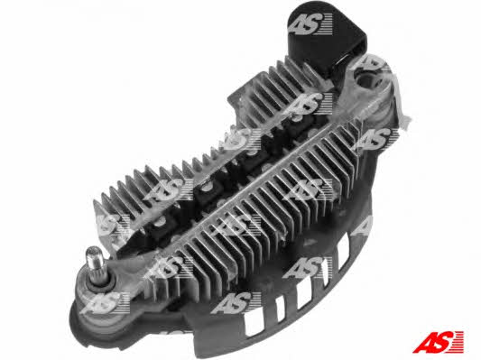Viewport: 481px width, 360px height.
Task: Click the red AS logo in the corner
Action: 438,342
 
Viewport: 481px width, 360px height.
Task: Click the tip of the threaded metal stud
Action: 92,249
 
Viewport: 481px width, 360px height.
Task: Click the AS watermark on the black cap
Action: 310,23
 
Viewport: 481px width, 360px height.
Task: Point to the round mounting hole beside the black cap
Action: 366,77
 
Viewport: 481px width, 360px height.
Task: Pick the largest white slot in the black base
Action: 255,325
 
